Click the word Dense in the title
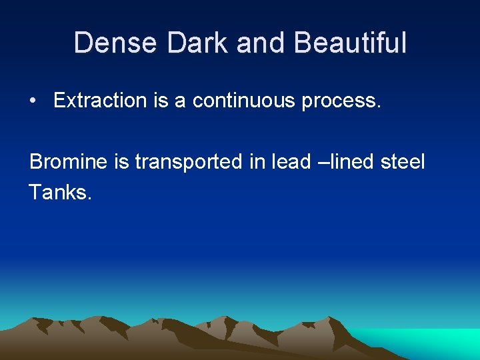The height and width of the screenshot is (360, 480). [x=115, y=43]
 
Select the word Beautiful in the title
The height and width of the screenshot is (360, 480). [x=349, y=43]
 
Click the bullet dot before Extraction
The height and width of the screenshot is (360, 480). [x=33, y=101]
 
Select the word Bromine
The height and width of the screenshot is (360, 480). [x=67, y=162]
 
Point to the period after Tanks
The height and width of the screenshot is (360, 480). [x=89, y=198]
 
